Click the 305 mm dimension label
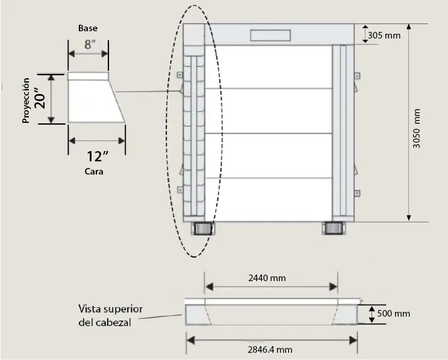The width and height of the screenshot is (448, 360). pyautogui.click(x=384, y=35)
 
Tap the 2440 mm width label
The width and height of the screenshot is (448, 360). pyautogui.click(x=267, y=278)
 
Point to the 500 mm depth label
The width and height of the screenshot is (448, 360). pyautogui.click(x=393, y=314)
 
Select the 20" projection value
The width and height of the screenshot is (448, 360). pyautogui.click(x=40, y=99)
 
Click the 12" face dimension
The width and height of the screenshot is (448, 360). pyautogui.click(x=97, y=157)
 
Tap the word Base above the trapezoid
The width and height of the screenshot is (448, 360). pyautogui.click(x=87, y=28)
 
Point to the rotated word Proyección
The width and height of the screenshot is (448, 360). pyautogui.click(x=26, y=100)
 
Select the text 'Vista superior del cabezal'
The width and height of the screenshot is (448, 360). pyautogui.click(x=110, y=315)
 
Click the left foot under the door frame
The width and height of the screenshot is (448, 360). pyautogui.click(x=202, y=229)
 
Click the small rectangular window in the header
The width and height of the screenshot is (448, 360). pyautogui.click(x=270, y=34)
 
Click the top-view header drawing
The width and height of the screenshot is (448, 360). pyautogui.click(x=271, y=314)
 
